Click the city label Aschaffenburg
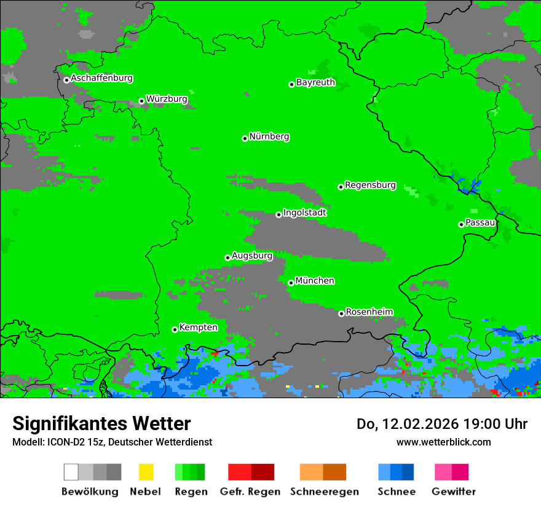pyautogui.click(x=101, y=79)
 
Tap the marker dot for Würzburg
pyautogui.click(x=141, y=101)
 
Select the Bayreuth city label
pyautogui.click(x=315, y=82)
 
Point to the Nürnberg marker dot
pyautogui.click(x=245, y=138)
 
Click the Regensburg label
pyautogui.click(x=370, y=185)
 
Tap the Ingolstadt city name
pyautogui.click(x=304, y=213)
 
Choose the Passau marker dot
pyautogui.click(x=461, y=224)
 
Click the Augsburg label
pyautogui.click(x=251, y=256)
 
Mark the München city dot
pyautogui.click(x=291, y=283)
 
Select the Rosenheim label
pyautogui.click(x=369, y=312)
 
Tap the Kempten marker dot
pyautogui.click(x=175, y=329)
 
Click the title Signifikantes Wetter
pyautogui.click(x=101, y=424)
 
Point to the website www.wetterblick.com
pyautogui.click(x=443, y=442)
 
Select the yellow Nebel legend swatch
pyautogui.click(x=146, y=472)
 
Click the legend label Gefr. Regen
pyautogui.click(x=250, y=492)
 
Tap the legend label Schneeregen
pyautogui.click(x=325, y=492)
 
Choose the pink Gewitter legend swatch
pyautogui.click(x=443, y=472)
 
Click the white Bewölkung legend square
pyautogui.click(x=71, y=472)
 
